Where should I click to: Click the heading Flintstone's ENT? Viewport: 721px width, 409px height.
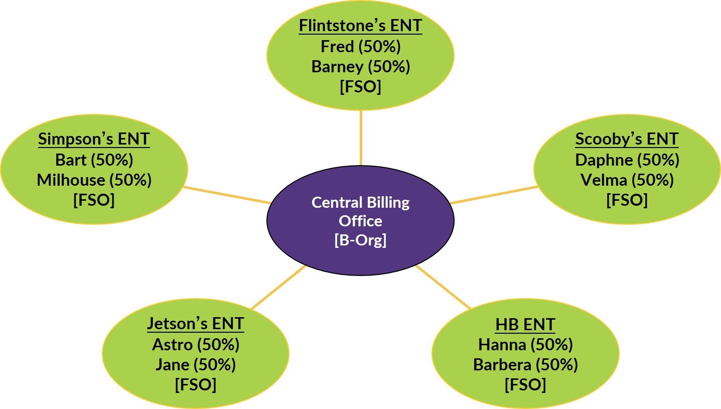[360, 26]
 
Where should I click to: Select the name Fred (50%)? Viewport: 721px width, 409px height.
[360, 46]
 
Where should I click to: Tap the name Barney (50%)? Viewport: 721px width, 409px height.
[360, 66]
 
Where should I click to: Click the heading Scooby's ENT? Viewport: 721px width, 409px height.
[627, 139]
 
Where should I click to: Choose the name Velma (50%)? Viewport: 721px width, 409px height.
[627, 180]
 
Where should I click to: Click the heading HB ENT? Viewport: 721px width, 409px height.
[525, 324]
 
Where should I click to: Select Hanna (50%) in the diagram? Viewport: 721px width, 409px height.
[525, 345]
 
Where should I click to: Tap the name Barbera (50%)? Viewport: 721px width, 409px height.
[525, 365]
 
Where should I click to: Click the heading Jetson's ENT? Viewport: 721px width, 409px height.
[195, 324]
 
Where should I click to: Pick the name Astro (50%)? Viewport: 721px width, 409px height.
[195, 345]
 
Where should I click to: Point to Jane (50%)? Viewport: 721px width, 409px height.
[195, 365]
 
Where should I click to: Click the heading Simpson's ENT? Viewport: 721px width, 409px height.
[94, 139]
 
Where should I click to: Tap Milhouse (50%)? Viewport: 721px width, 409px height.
[94, 180]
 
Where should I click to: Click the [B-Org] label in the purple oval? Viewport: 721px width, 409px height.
[360, 240]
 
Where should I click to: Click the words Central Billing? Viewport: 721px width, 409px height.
[360, 202]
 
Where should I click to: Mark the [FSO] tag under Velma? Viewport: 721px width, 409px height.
[627, 200]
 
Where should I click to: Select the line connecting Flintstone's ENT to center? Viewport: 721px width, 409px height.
[361, 138]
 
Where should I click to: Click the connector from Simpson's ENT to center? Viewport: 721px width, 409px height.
[227, 195]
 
